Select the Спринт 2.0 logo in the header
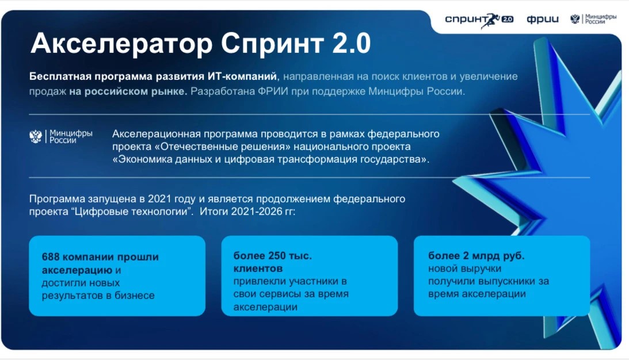pos(479,20)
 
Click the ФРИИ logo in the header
pos(542,20)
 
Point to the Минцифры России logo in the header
pos(593,19)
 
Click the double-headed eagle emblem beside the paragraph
pos(36,136)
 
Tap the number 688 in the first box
pos(51,256)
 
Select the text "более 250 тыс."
pos(272,256)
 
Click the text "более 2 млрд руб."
pos(476,256)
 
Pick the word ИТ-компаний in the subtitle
pos(242,76)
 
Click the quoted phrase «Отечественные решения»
pos(222,146)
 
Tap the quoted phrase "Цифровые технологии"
pos(132,212)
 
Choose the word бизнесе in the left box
pos(135,296)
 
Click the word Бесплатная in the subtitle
pos(60,76)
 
